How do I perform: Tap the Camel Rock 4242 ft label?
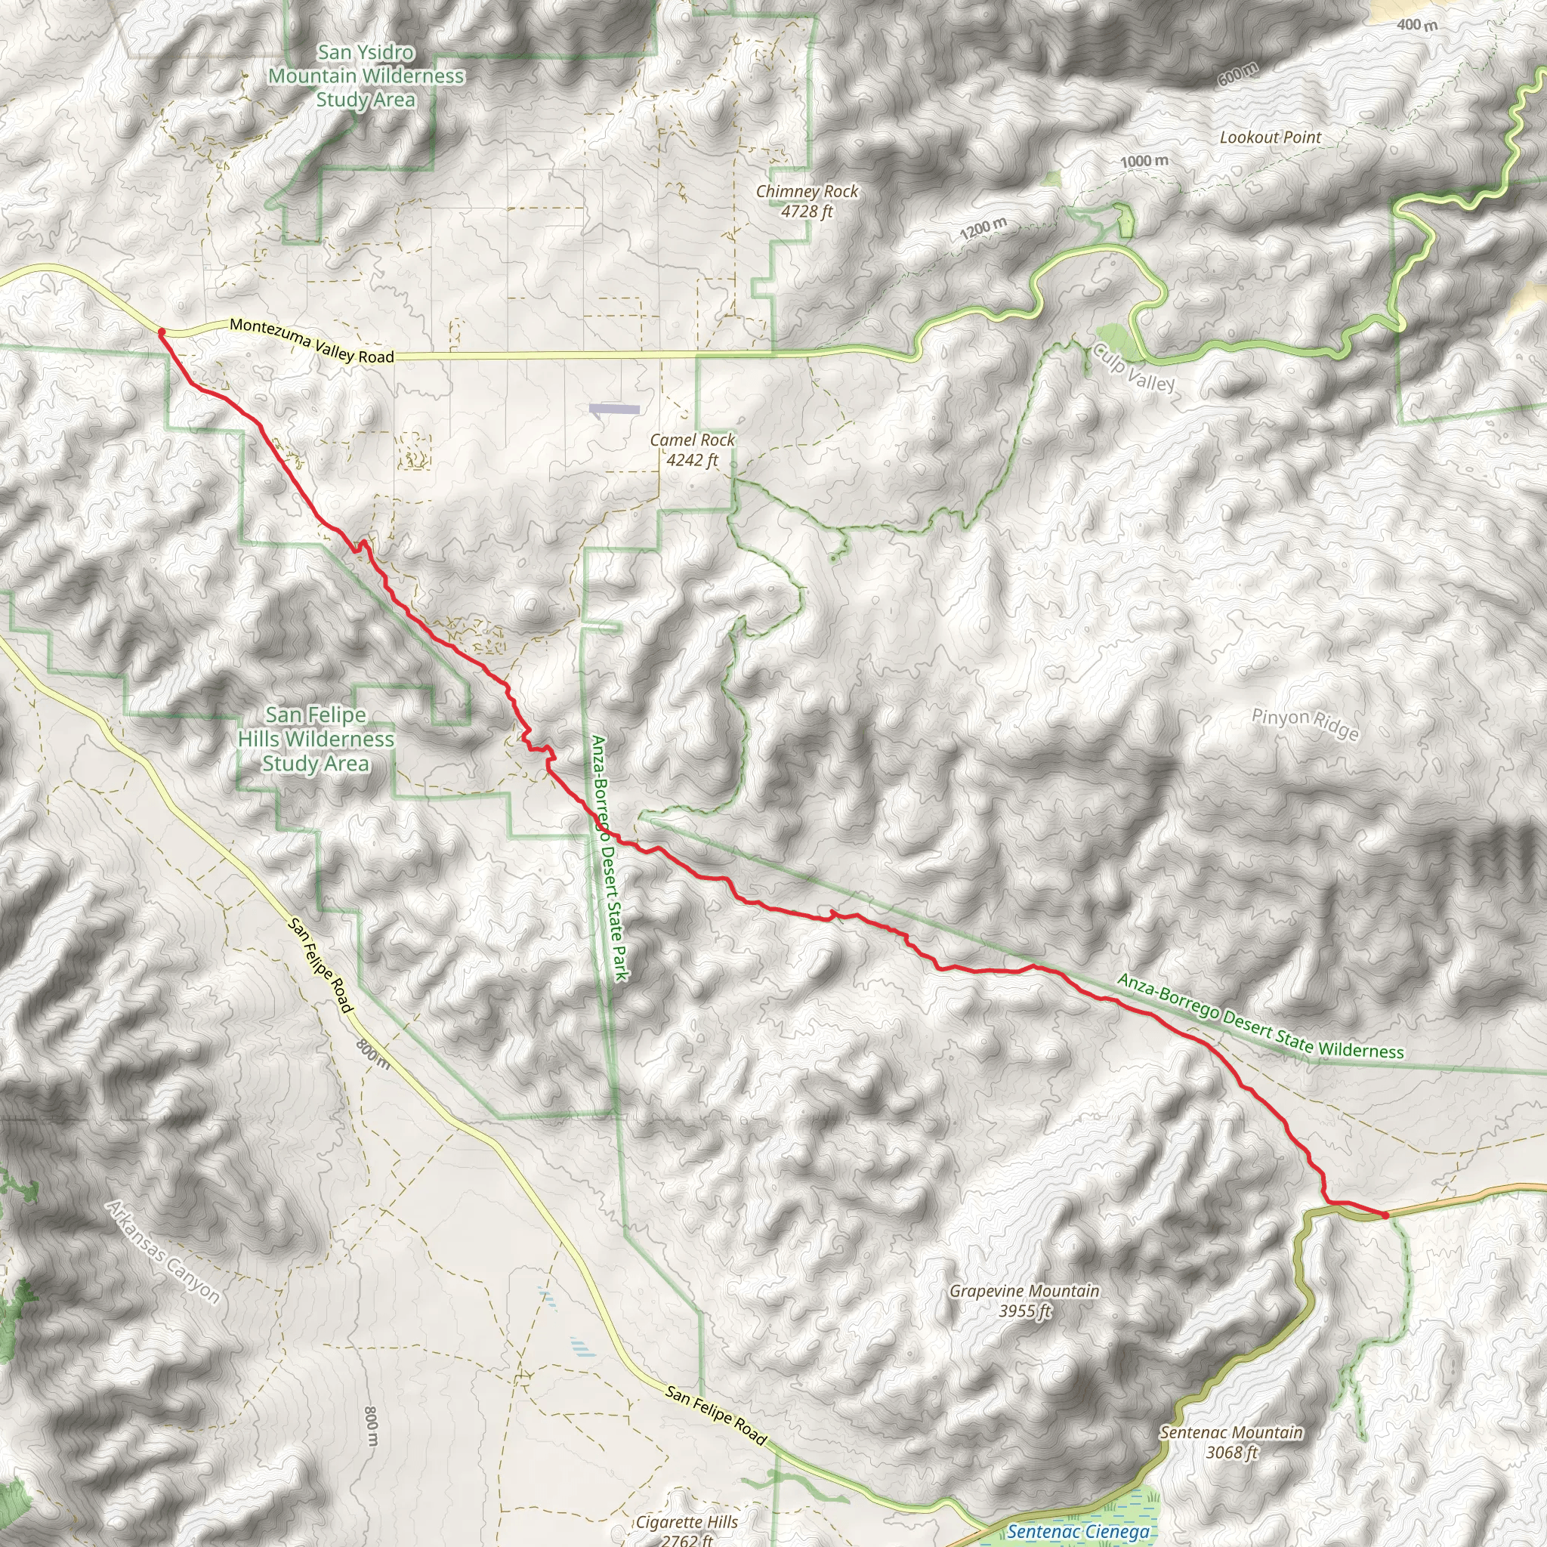coord(692,449)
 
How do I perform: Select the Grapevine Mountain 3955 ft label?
coord(1024,1301)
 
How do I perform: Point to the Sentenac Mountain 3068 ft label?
coord(1230,1442)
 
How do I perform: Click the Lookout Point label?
coord(1270,137)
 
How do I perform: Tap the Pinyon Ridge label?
coord(1305,724)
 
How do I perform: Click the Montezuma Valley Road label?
coord(311,341)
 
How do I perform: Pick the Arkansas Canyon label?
coord(163,1253)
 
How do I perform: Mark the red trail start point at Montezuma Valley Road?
coord(162,332)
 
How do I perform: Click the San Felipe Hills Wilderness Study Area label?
coord(317,739)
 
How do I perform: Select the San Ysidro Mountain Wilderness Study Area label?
coord(366,76)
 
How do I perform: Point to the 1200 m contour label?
coord(983,229)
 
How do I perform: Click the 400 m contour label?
coord(1416,25)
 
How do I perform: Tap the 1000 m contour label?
coord(1144,161)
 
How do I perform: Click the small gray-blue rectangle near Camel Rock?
coord(614,409)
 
